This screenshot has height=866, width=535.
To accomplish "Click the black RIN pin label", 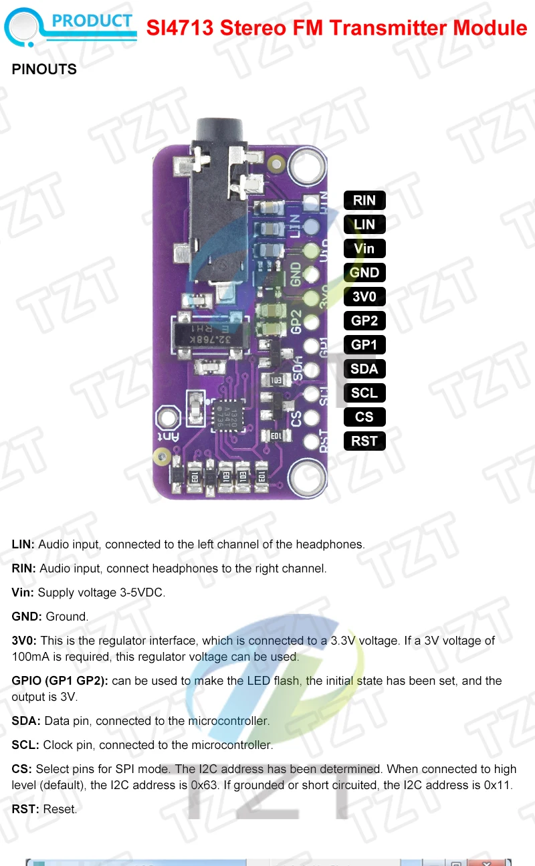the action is [x=364, y=200].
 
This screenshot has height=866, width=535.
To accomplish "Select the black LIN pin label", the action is [x=364, y=224].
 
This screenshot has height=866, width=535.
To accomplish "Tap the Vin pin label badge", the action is [x=364, y=248].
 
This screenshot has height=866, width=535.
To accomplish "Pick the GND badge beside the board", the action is [x=364, y=272].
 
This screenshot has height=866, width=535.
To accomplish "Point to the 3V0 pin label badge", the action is [x=364, y=296].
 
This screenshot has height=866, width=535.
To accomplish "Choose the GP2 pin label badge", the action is [x=364, y=320].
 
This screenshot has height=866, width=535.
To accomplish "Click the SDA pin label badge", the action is [x=364, y=368].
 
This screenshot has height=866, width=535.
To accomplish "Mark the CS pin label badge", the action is [x=364, y=417].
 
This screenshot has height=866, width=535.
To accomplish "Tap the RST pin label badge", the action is [x=364, y=441].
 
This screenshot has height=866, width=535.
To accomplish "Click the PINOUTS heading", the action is [x=44, y=70].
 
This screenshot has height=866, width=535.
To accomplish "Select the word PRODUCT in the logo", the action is [x=92, y=21].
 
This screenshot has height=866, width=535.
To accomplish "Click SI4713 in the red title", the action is [x=179, y=28].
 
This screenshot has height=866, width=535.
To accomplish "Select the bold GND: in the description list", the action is [x=27, y=617].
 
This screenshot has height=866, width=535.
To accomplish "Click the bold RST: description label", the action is [x=26, y=809].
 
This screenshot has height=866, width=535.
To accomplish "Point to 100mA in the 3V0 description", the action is [x=30, y=657].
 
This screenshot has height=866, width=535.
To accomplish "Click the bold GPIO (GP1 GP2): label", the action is [x=60, y=681].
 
